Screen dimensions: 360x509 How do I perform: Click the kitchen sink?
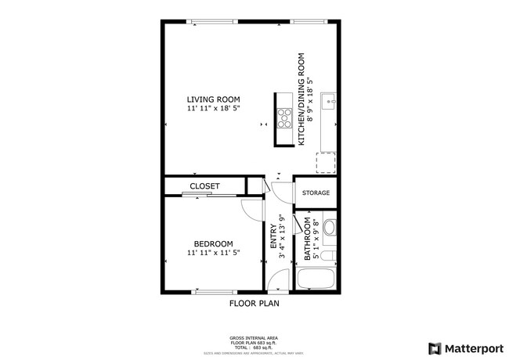pyautogui.click(x=330, y=101)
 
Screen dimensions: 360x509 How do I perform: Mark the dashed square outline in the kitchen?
pyautogui.click(x=327, y=163)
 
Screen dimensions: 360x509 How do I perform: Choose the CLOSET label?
pyautogui.click(x=204, y=186)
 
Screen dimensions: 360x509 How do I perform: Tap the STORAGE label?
pyautogui.click(x=316, y=193)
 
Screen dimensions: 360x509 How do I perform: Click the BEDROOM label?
pyautogui.click(x=211, y=243)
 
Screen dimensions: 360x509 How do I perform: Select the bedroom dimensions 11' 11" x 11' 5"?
pyautogui.click(x=211, y=253)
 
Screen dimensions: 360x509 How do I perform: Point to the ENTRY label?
pyautogui.click(x=274, y=237)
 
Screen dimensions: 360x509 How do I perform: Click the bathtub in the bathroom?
pyautogui.click(x=316, y=279)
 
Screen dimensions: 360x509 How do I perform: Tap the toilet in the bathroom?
pyautogui.click(x=330, y=256)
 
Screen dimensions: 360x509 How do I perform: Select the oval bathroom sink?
pyautogui.click(x=330, y=229)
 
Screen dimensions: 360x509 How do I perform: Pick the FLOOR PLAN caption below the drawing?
pyautogui.click(x=254, y=303)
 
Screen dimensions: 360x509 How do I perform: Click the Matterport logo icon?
pyautogui.click(x=433, y=348)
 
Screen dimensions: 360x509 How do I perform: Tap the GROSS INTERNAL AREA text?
pyautogui.click(x=254, y=339)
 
